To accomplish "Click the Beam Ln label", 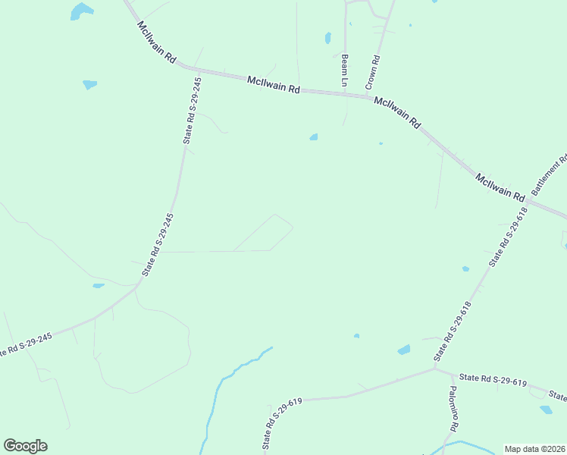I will [x=343, y=70].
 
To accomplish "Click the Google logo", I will [x=25, y=446].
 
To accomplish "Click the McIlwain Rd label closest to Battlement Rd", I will [x=500, y=187].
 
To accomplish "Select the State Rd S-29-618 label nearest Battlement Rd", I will [x=506, y=240].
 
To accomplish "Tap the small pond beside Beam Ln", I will [x=328, y=37].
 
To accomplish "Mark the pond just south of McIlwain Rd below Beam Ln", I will [x=313, y=137].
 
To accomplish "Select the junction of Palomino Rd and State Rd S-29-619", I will [x=435, y=369].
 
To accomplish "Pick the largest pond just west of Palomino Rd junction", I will [x=404, y=350].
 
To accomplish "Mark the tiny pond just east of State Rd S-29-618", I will [x=465, y=268].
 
